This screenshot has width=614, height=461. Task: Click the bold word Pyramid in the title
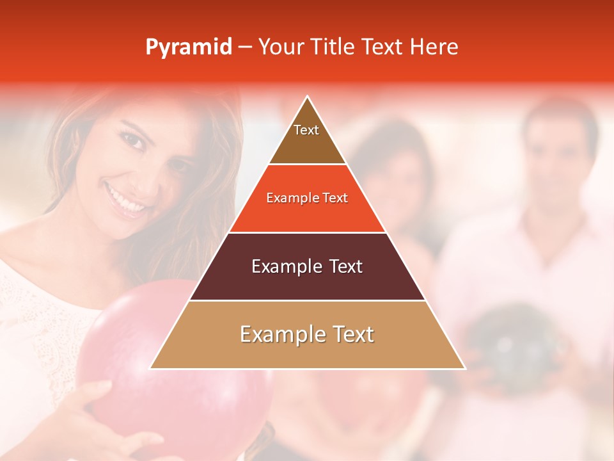coord(188,47)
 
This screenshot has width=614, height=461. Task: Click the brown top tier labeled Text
coord(306,134)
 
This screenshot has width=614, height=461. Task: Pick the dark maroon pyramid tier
coord(307,266)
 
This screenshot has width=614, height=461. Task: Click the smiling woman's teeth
coord(127,200)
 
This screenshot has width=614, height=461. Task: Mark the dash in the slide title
coord(245,47)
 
